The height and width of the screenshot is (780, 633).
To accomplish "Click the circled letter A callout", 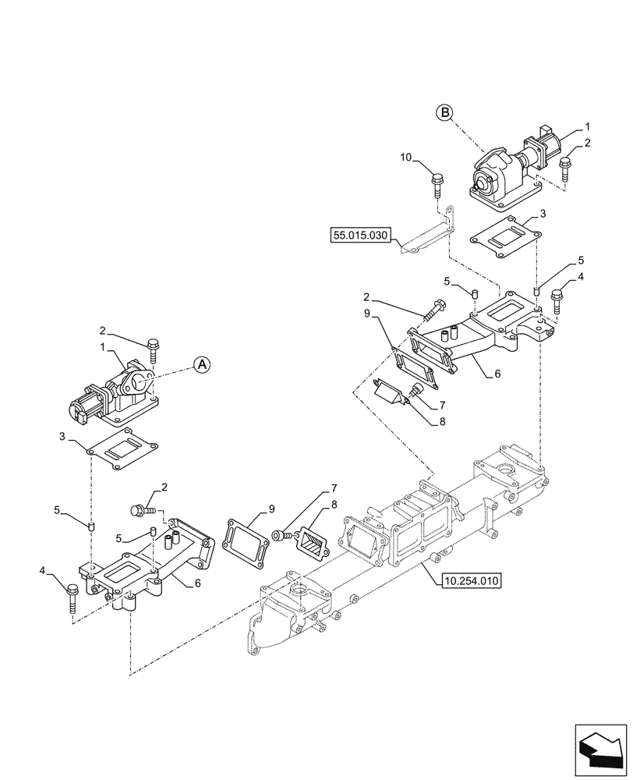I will point(201,363).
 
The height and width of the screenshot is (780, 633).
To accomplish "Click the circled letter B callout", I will point(444,113).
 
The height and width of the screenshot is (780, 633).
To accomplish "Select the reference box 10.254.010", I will point(472,580).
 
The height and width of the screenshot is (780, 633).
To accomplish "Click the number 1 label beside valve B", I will point(588,126).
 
